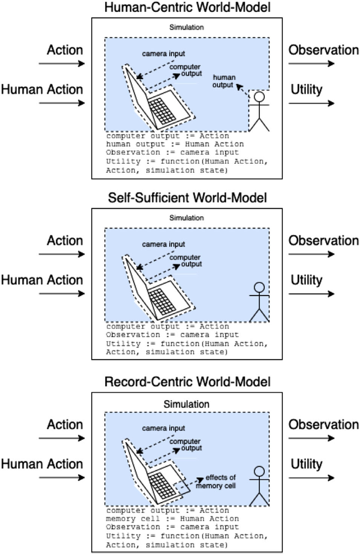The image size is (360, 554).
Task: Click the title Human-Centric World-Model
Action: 180,7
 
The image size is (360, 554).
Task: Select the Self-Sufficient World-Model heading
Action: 180,198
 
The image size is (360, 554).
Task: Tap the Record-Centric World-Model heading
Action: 180,382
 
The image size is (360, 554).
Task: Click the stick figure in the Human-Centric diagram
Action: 258,111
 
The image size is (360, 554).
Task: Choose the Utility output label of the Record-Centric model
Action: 307,464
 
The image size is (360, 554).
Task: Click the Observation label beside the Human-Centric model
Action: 323,50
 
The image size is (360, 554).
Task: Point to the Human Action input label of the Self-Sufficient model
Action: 42,280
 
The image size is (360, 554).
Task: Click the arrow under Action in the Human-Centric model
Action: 62,64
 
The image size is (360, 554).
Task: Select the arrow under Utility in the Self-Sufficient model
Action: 312,293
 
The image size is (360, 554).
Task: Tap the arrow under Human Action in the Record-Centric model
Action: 62,478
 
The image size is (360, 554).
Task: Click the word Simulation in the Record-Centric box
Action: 186,404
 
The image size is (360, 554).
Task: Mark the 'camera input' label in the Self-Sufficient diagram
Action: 163,244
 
